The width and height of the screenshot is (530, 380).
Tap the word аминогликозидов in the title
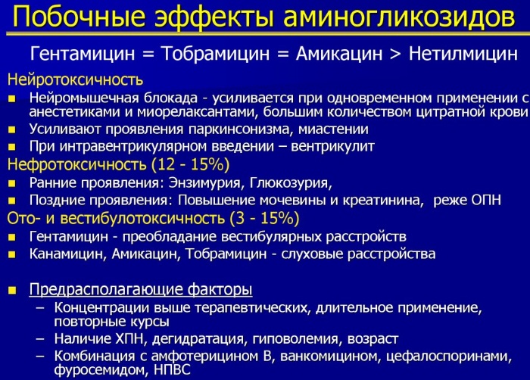pyautogui.click(x=399, y=17)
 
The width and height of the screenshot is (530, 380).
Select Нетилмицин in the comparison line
pyautogui.click(x=463, y=54)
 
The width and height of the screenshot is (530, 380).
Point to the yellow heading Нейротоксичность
pyautogui.click(x=75, y=79)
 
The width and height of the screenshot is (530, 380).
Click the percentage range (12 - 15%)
pyautogui.click(x=190, y=164)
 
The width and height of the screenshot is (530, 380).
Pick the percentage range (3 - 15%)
pyautogui.click(x=264, y=219)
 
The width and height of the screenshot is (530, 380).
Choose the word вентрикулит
pyautogui.click(x=332, y=146)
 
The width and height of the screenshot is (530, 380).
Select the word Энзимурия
pyautogui.click(x=204, y=182)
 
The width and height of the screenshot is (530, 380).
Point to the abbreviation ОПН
pyautogui.click(x=486, y=200)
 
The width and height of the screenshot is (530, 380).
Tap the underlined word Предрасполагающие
pyautogui.click(x=105, y=290)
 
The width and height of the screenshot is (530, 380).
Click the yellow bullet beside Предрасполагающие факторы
pyautogui.click(x=12, y=290)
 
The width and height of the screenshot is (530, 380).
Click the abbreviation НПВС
pyautogui.click(x=172, y=369)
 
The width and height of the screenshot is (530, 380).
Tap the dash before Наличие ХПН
pyautogui.click(x=40, y=339)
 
